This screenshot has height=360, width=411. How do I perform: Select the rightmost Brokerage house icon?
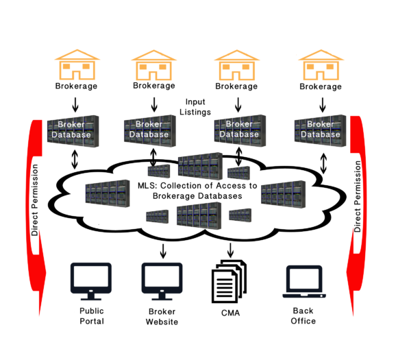coord(321,65)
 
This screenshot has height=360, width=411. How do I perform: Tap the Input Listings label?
coord(195,107)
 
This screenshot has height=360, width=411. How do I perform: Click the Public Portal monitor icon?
coord(91,281)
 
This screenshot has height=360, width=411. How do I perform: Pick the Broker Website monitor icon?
coord(162,281)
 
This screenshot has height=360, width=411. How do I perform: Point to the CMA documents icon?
coord(229,281)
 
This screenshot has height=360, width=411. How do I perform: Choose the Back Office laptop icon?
coord(304,282)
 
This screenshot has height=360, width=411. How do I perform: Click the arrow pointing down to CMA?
coord(230,250)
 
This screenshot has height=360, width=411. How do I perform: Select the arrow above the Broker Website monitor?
coord(163,251)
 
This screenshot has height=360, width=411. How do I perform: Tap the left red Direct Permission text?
coord(35,200)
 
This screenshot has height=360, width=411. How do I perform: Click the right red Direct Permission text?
coord(358,196)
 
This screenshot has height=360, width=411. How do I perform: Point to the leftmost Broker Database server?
coord(73,131)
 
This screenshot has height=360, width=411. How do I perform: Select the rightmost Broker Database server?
coord(321,130)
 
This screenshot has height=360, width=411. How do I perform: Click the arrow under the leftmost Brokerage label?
coord(75,105)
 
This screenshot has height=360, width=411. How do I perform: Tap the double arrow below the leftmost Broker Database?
coord(75,159)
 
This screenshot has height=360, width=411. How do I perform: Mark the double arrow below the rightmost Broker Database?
coord(323,163)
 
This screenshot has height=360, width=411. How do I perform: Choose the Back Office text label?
coord(303,315)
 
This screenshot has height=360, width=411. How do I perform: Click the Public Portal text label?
coord(92,316)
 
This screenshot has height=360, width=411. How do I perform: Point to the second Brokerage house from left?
coord(154,65)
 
